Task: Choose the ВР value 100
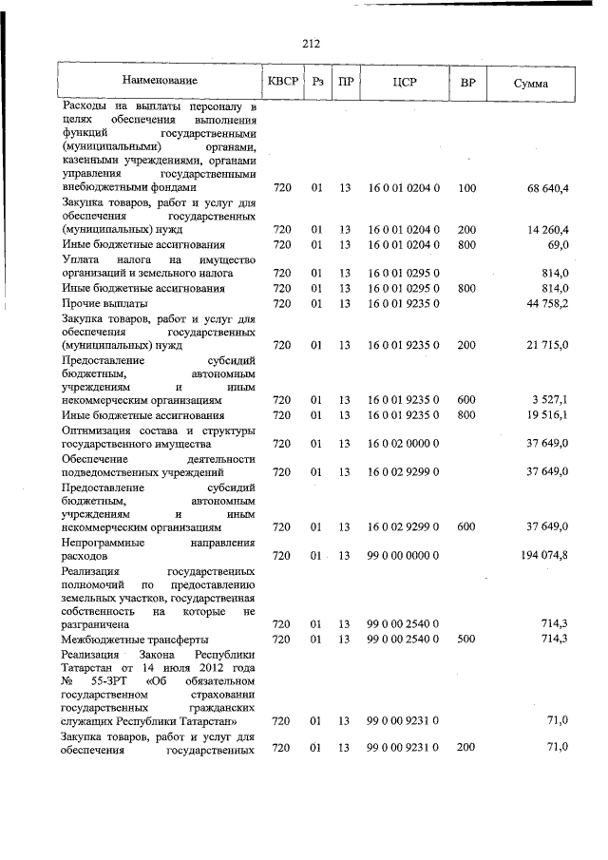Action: (x=466, y=189)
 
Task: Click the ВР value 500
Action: (x=466, y=639)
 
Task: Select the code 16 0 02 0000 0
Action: (x=403, y=443)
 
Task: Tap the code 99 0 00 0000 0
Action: (x=403, y=554)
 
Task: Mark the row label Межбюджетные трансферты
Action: (x=134, y=639)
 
